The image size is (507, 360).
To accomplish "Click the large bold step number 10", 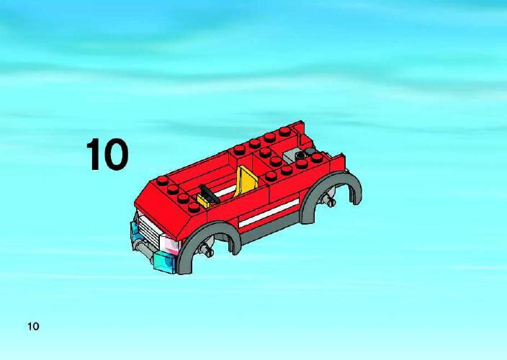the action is tap(107, 154).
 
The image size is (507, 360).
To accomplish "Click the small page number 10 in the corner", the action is tap(33, 326).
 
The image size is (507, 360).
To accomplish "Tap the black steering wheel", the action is tap(210, 194).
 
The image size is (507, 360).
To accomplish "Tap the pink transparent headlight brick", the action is tap(169, 245).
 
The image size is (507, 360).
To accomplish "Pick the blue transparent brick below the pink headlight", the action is tap(165, 262).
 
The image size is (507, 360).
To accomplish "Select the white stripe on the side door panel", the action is tap(269, 212).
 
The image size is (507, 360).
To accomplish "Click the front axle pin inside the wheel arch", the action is tap(206, 249).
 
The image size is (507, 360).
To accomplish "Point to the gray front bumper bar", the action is tap(145, 251).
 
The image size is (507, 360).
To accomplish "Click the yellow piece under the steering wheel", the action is tap(203, 201).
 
